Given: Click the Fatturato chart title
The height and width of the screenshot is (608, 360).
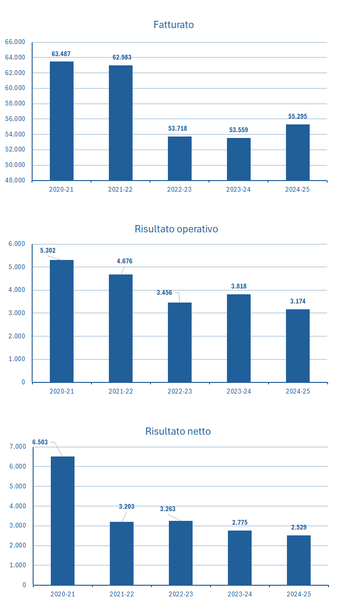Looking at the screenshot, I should pyautogui.click(x=173, y=25).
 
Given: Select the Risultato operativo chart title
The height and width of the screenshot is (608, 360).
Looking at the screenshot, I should pyautogui.click(x=176, y=229).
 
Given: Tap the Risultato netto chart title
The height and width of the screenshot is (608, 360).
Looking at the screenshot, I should pyautogui.click(x=178, y=431).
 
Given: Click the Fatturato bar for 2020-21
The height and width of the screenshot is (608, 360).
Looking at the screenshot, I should pyautogui.click(x=61, y=121).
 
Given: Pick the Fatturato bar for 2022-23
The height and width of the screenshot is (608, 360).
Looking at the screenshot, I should pyautogui.click(x=180, y=158).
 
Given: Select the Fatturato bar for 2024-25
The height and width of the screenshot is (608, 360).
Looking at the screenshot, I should pyautogui.click(x=298, y=152).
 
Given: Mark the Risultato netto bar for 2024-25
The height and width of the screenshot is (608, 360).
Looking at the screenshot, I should pyautogui.click(x=299, y=560).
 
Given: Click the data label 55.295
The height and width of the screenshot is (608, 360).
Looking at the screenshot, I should pyautogui.click(x=298, y=117).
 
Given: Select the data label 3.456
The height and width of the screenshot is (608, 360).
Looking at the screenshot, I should pyautogui.click(x=165, y=293).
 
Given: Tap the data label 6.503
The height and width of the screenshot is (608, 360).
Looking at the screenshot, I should pyautogui.click(x=40, y=442).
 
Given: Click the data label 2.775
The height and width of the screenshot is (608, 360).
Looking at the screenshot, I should pyautogui.click(x=240, y=523).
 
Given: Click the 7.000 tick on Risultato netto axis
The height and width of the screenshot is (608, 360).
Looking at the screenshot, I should pyautogui.click(x=17, y=447).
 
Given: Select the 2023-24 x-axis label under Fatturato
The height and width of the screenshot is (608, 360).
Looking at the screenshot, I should pyautogui.click(x=239, y=190).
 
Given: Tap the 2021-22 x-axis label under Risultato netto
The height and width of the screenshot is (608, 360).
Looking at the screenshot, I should pyautogui.click(x=121, y=594).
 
